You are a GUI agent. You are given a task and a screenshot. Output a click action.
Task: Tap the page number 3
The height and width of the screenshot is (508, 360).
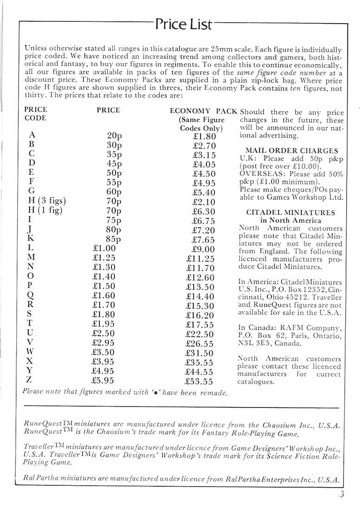coord(341,494)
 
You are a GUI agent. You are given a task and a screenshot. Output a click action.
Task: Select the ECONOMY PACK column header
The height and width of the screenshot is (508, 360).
coord(203,111)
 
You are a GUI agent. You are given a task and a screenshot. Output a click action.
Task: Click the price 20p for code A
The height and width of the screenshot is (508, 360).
coord(114,136)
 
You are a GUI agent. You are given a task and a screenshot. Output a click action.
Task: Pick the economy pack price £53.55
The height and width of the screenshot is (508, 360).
coord(199,382)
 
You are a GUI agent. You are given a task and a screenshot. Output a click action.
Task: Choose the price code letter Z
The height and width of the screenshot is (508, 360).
coord(30,381)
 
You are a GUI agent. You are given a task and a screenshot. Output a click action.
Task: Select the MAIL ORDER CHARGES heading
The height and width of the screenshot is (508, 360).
coord(291,151)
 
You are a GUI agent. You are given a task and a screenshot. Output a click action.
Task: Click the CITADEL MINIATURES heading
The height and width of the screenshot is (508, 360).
coord(291,213)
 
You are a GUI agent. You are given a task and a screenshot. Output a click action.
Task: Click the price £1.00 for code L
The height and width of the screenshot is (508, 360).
coord(105,248)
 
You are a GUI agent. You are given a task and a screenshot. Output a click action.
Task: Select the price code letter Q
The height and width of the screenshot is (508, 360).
coord(30,295)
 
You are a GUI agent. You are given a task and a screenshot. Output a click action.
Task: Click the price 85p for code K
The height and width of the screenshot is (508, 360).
coord(113,239)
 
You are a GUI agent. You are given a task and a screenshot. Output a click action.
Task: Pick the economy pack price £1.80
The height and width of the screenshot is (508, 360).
coord(204,137)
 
